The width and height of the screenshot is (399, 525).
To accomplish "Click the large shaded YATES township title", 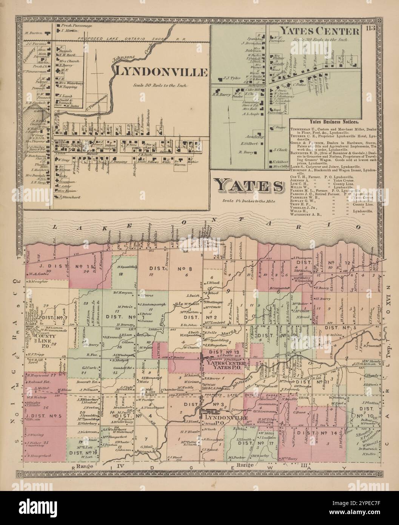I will (x=248, y=187).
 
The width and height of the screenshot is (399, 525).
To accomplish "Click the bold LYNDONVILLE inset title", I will (x=162, y=71).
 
